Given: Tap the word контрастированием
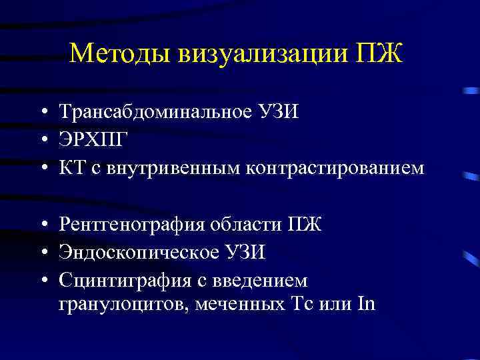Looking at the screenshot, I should (335, 167).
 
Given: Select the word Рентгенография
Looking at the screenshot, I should (131, 224).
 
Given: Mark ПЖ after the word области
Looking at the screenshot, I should (308, 224).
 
